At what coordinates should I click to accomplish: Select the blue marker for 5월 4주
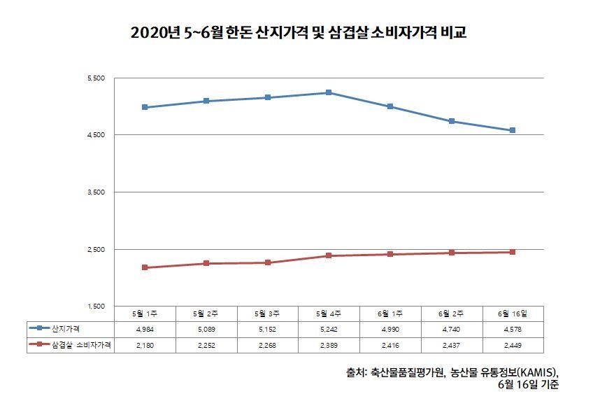[329, 92]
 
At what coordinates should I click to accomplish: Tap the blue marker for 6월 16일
[513, 130]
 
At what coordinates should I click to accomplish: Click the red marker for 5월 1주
[145, 267]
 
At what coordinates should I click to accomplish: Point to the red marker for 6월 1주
[390, 254]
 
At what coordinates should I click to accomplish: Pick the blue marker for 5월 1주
[145, 107]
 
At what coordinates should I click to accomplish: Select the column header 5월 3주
[267, 314]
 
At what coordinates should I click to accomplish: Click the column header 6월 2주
[451, 314]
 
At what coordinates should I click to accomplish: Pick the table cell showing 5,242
[329, 328]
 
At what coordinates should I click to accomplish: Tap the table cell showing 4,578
[513, 328]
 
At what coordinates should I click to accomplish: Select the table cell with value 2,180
[145, 344]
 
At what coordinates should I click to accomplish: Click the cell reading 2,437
[451, 344]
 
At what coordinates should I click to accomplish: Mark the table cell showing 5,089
[206, 328]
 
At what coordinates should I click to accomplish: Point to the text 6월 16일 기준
[529, 385]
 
